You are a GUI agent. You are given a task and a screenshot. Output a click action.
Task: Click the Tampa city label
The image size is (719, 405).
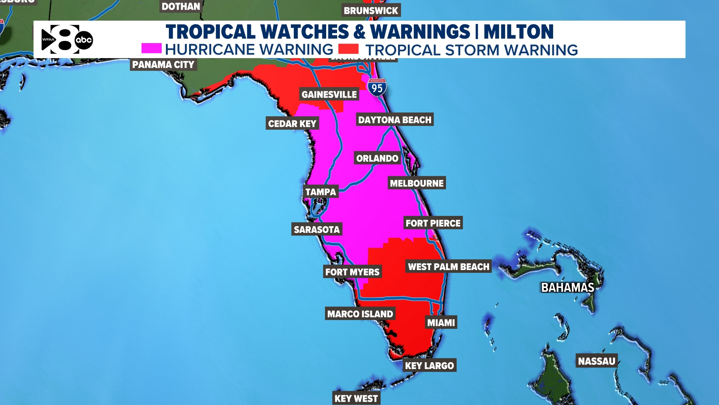click(x=321, y=192)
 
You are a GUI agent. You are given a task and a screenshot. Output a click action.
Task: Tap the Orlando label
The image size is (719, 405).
click(x=377, y=158)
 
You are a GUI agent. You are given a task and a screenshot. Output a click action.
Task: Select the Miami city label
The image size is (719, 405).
click(x=441, y=322)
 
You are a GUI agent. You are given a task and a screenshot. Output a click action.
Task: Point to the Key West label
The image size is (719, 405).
click(x=356, y=398)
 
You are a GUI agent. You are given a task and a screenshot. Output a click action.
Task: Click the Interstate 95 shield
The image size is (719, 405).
click(x=377, y=88)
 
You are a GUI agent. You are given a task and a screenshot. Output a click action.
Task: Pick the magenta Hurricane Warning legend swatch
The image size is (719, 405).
click(x=151, y=48)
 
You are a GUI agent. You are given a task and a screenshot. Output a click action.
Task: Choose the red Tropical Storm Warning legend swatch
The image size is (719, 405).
click(x=348, y=49)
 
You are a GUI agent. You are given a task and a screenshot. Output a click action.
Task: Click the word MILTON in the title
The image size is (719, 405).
click(x=518, y=32)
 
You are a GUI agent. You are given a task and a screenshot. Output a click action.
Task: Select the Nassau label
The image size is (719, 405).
click(x=597, y=361)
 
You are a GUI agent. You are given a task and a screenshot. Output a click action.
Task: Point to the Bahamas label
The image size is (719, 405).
click(x=568, y=288)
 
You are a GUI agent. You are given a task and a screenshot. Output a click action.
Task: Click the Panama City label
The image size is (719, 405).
click(x=163, y=64)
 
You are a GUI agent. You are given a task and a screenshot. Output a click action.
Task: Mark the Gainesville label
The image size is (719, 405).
click(x=329, y=94)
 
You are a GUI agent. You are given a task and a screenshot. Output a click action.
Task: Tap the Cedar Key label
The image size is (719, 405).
click(x=292, y=124)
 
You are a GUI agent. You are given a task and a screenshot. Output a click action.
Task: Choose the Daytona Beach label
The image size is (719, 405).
click(x=395, y=120)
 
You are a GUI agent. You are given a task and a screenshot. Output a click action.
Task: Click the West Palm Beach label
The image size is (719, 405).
click(x=449, y=267)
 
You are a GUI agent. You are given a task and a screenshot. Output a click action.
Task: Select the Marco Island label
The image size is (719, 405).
click(x=360, y=314)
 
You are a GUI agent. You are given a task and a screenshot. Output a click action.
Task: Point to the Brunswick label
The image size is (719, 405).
click(x=371, y=10)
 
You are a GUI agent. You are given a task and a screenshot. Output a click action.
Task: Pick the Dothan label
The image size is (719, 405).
click(x=181, y=6)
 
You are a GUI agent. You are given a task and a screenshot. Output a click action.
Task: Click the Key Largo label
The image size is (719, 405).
click(x=430, y=366)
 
